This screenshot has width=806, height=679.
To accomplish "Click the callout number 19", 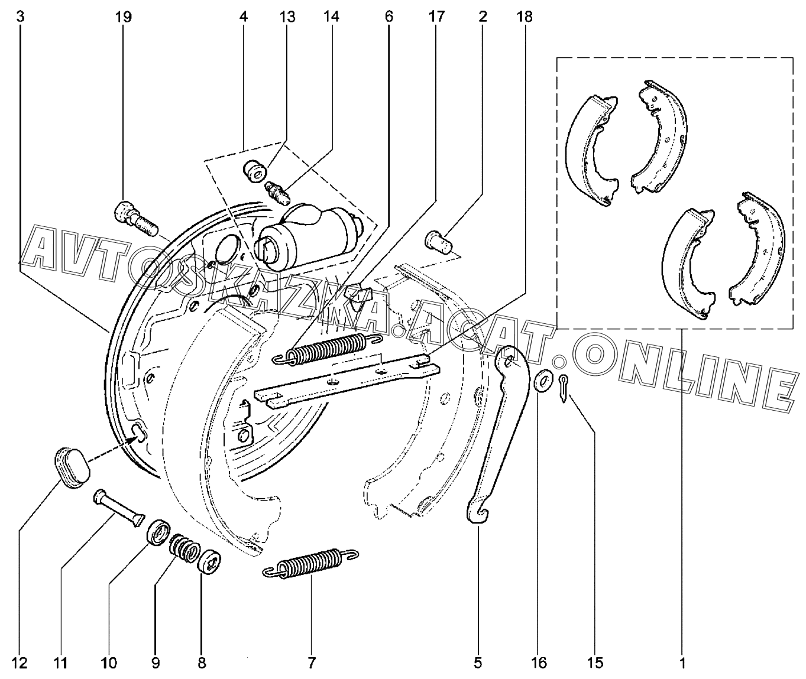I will tap(123, 17).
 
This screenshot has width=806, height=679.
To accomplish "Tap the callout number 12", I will tap(20, 663).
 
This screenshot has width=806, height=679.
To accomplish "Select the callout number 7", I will tap(312, 663).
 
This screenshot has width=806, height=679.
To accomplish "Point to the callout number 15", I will tap(595, 663).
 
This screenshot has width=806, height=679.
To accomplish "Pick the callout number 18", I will tap(524, 17).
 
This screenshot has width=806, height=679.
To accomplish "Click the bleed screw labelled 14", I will tap(276, 190).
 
